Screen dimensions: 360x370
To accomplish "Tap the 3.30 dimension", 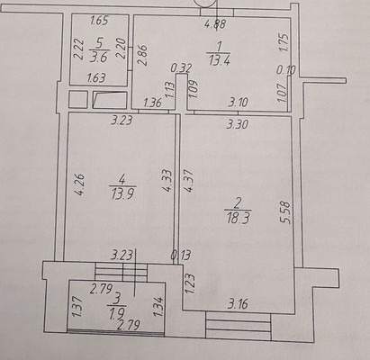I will coord(238,124).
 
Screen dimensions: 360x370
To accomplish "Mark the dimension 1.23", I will coord(190,283).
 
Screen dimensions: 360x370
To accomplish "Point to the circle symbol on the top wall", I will coord(213,5).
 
